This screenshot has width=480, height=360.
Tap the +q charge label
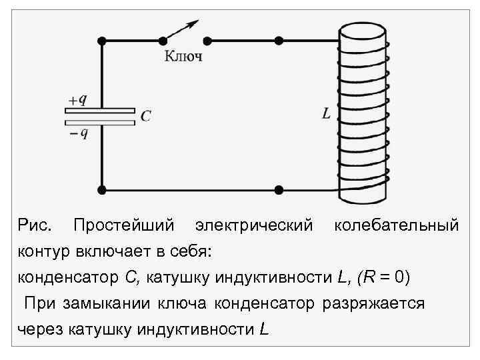click(77, 100)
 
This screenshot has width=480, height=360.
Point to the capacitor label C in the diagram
click(146, 117)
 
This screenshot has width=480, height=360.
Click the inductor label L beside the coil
click(326, 115)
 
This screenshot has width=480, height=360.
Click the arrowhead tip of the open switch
click(197, 23)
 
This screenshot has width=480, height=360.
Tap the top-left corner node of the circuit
click(102, 40)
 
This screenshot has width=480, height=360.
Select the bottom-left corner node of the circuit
click(102, 190)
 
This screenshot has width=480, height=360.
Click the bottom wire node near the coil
click(279, 190)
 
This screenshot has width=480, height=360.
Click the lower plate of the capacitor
click(100, 122)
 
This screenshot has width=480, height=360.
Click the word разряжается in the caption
click(373, 303)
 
